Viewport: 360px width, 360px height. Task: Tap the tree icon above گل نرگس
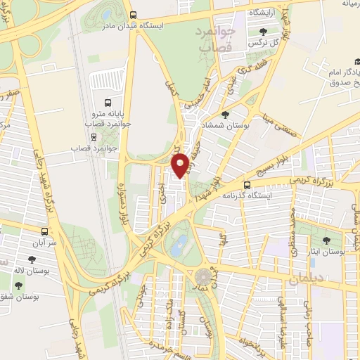tap(263, 32)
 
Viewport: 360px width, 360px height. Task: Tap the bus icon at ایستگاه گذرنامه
tap(246, 184)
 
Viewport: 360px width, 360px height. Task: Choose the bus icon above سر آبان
tap(45, 230)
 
